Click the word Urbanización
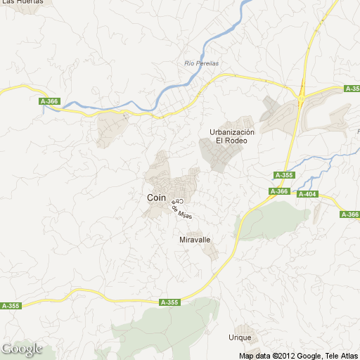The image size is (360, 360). pos(232,131)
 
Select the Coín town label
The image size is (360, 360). pos(156,198)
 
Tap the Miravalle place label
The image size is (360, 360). pos(195,240)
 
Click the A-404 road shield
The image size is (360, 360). pos(307,194)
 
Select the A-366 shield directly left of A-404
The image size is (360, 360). pos(279,191)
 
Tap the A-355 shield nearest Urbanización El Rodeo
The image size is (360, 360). pos(283,175)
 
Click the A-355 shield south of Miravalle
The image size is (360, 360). pos(169,302)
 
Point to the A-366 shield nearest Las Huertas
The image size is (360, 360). pos(49,102)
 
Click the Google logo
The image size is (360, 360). pos(22,349)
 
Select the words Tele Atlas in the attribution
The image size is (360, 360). pos(341,355)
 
